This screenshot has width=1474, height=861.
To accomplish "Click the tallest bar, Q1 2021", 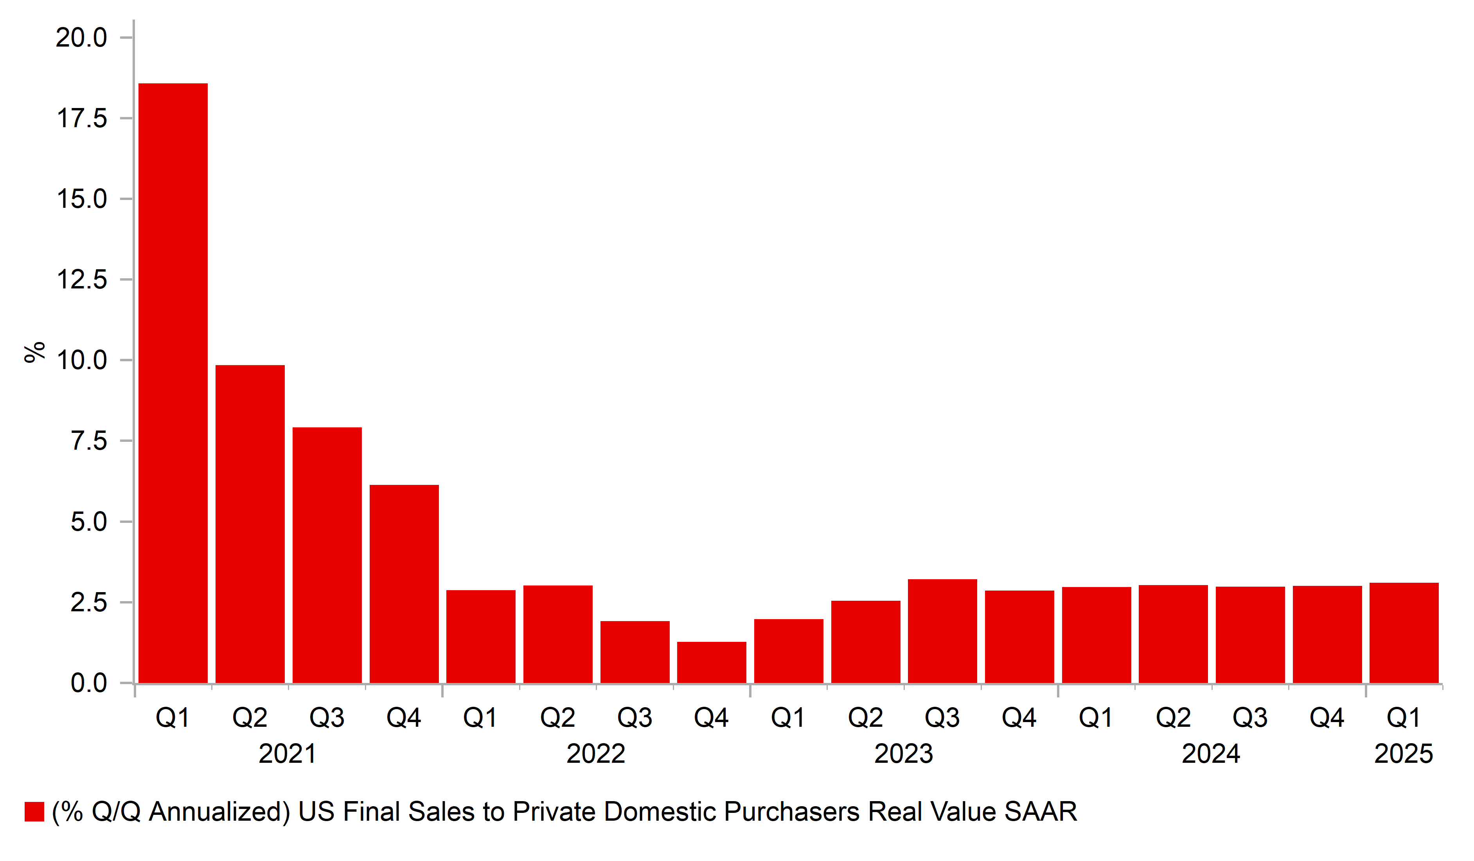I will pyautogui.click(x=173, y=384).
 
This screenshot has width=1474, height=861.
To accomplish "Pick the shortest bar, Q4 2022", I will pyautogui.click(x=712, y=662).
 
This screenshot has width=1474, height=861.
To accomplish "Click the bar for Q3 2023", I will pyautogui.click(x=942, y=631).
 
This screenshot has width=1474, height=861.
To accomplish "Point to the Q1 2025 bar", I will pyautogui.click(x=1404, y=633).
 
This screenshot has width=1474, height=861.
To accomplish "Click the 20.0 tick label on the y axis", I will pyautogui.click(x=81, y=38).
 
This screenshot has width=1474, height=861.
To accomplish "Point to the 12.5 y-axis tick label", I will pyautogui.click(x=81, y=280).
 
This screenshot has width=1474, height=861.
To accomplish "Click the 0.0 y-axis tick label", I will pyautogui.click(x=89, y=683).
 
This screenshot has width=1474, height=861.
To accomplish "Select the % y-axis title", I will pyautogui.click(x=34, y=352).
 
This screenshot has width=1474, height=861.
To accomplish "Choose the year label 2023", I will pyautogui.click(x=903, y=753).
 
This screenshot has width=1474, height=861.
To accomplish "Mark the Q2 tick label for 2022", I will pyautogui.click(x=557, y=718).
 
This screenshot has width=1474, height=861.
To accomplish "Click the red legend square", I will pyautogui.click(x=34, y=812).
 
